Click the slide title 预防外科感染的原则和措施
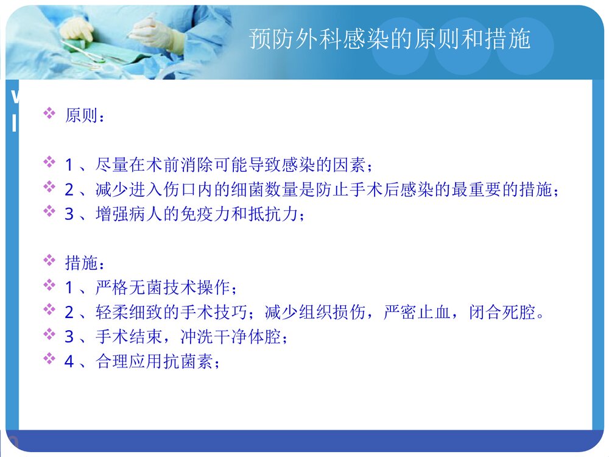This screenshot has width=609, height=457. pyautogui.click(x=390, y=39)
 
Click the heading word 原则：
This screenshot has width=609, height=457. pyautogui.click(x=85, y=115)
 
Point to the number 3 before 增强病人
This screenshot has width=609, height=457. pyautogui.click(x=69, y=214)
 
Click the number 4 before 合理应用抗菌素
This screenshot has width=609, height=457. pyautogui.click(x=69, y=361)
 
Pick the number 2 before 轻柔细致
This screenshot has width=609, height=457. pyautogui.click(x=69, y=313)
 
